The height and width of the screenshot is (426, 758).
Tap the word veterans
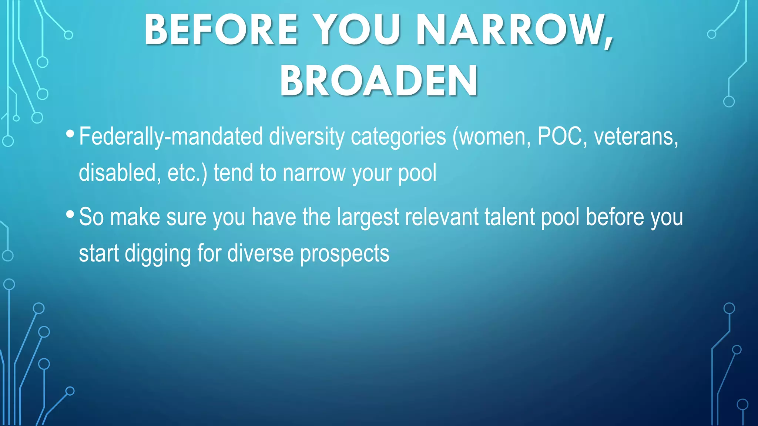636,136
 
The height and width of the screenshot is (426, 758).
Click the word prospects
345,254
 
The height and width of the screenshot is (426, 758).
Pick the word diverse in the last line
260,253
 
